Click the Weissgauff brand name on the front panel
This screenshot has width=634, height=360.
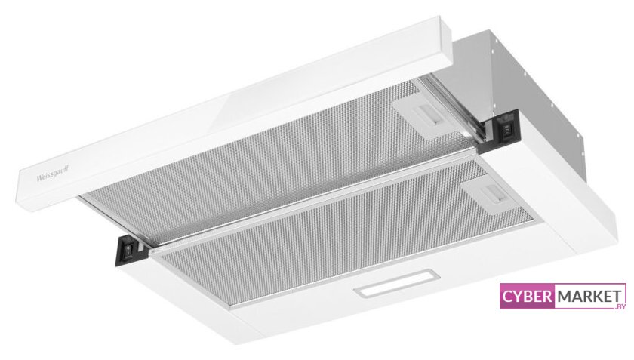[53, 173]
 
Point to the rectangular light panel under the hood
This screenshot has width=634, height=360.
[396, 283]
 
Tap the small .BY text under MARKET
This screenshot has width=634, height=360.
[620, 306]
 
